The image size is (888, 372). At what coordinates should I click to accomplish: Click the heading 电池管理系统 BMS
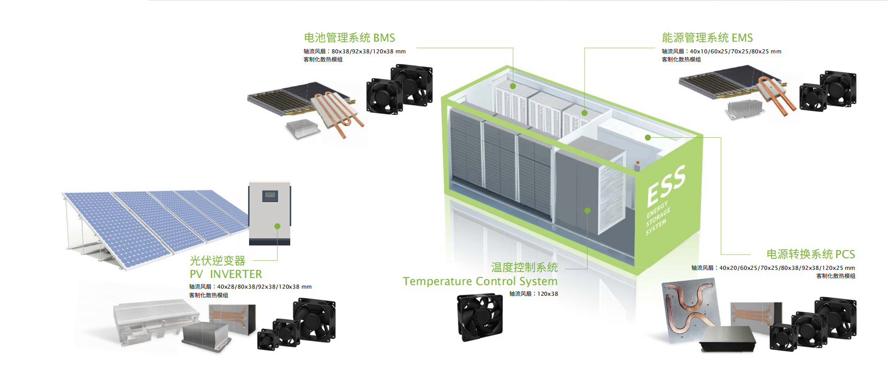(349, 38)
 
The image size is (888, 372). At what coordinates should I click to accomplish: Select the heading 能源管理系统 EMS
(707, 38)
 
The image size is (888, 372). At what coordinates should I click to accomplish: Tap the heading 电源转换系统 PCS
(810, 254)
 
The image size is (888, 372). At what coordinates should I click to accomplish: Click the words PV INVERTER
(226, 274)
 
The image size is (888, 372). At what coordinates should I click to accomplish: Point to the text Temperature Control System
(480, 282)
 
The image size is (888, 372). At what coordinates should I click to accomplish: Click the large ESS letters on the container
(666, 185)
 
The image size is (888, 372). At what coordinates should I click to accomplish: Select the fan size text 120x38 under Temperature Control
(547, 294)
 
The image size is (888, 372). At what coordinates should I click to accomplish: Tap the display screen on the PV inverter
(270, 196)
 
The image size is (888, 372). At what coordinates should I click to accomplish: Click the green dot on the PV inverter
(278, 226)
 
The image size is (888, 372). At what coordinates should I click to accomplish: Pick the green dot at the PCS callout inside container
(648, 137)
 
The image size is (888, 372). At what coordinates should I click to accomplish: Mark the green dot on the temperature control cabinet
(587, 210)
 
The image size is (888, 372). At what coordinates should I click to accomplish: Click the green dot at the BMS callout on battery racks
(513, 86)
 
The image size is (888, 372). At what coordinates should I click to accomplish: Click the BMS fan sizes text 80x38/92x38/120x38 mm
(369, 51)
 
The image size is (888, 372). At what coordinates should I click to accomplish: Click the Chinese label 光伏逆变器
(218, 261)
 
